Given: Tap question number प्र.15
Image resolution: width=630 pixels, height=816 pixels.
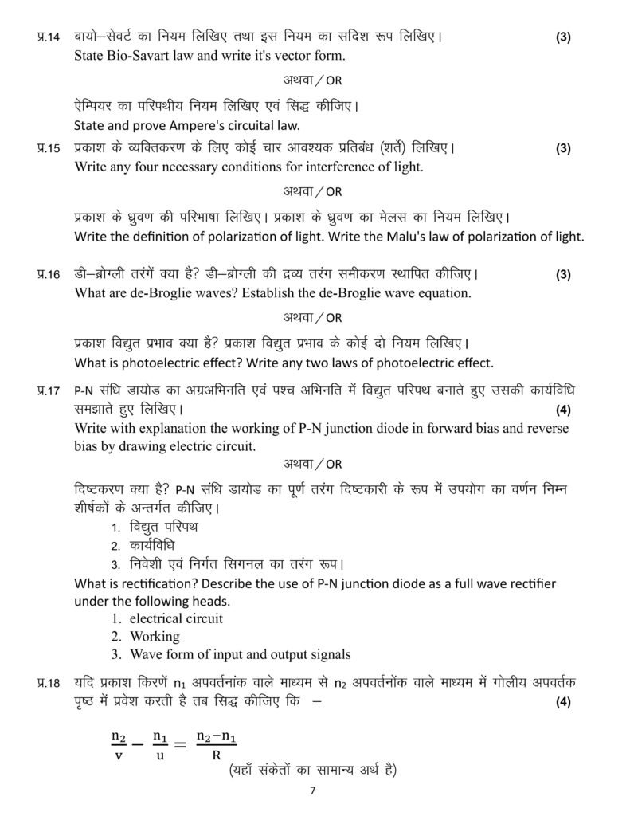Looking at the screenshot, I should [49, 148].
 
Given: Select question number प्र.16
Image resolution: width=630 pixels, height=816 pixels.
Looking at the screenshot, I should [49, 275].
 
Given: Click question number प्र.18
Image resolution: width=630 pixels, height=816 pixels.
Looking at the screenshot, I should [49, 683].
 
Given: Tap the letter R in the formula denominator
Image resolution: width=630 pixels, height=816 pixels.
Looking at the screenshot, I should [216, 755].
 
